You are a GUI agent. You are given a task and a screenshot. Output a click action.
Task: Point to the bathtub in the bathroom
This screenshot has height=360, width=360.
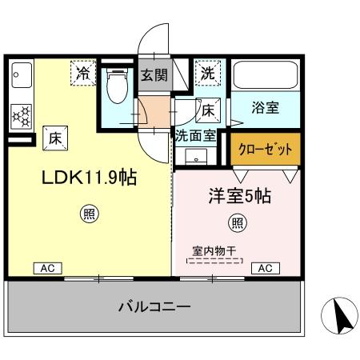(265, 77)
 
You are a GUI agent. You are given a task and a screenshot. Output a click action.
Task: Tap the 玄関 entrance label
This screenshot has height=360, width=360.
(154, 76)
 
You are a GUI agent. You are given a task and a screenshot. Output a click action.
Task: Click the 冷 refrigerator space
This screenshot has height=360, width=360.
(84, 73)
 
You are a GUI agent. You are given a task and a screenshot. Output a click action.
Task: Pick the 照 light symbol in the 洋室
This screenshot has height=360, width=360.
(237, 222)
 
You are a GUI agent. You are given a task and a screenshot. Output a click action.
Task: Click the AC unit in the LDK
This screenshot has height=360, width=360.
(48, 269)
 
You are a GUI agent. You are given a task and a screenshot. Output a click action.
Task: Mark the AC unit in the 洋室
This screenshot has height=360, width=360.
(265, 268)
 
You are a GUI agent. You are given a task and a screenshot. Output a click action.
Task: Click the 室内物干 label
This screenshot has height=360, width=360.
(215, 249)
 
